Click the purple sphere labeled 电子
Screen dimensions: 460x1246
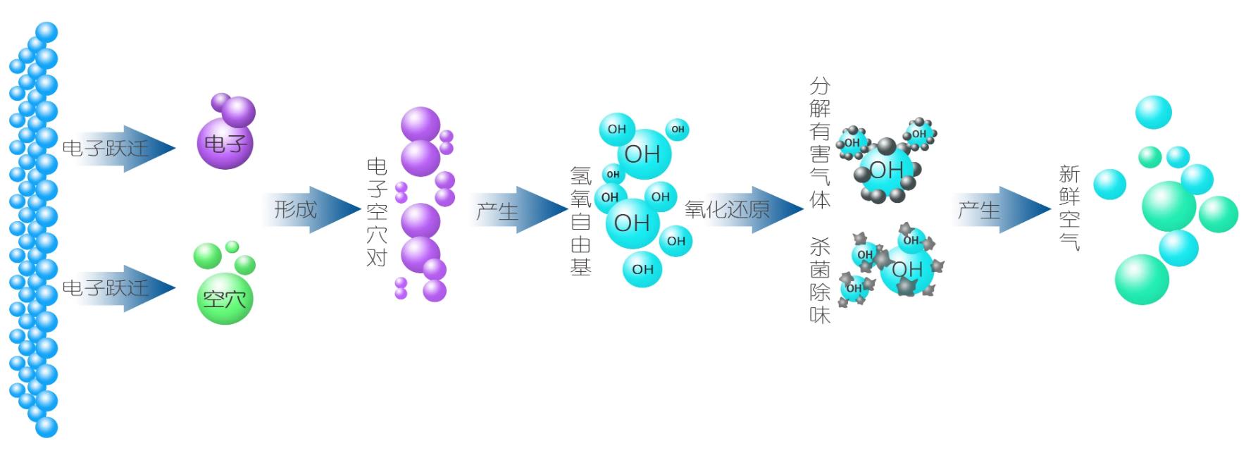224,144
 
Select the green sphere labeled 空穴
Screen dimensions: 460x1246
224,300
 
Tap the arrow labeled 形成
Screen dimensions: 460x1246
310,209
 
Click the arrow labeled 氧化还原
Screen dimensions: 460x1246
743,209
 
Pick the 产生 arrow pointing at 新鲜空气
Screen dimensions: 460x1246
1000,210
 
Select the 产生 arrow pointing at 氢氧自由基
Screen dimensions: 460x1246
518,210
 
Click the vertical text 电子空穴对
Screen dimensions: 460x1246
377,211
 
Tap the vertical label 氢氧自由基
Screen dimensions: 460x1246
580,220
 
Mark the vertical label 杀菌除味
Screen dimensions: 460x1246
820,280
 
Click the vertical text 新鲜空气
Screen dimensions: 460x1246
1069,208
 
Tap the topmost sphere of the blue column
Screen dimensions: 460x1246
46,32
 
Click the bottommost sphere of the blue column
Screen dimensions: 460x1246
46,427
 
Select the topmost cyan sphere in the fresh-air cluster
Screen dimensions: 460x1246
1153,112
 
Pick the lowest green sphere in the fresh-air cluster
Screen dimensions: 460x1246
1142,280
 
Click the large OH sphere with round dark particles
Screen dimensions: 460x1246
885,170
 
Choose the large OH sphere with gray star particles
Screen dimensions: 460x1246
907,269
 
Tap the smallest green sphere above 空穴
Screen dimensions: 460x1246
232,247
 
